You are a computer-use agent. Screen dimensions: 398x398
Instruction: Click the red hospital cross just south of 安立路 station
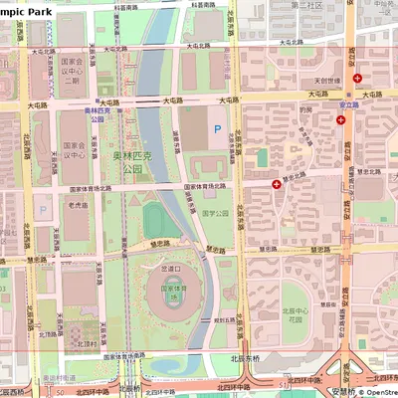tap(341, 118)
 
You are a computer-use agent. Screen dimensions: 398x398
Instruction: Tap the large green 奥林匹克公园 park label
tap(132, 163)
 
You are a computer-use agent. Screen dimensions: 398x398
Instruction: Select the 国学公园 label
tap(216, 213)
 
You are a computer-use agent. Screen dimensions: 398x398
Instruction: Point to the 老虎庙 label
tap(78, 205)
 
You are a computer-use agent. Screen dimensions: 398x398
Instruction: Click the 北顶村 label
tap(86, 345)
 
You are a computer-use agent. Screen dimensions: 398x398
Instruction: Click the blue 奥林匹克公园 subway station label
tap(96, 114)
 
